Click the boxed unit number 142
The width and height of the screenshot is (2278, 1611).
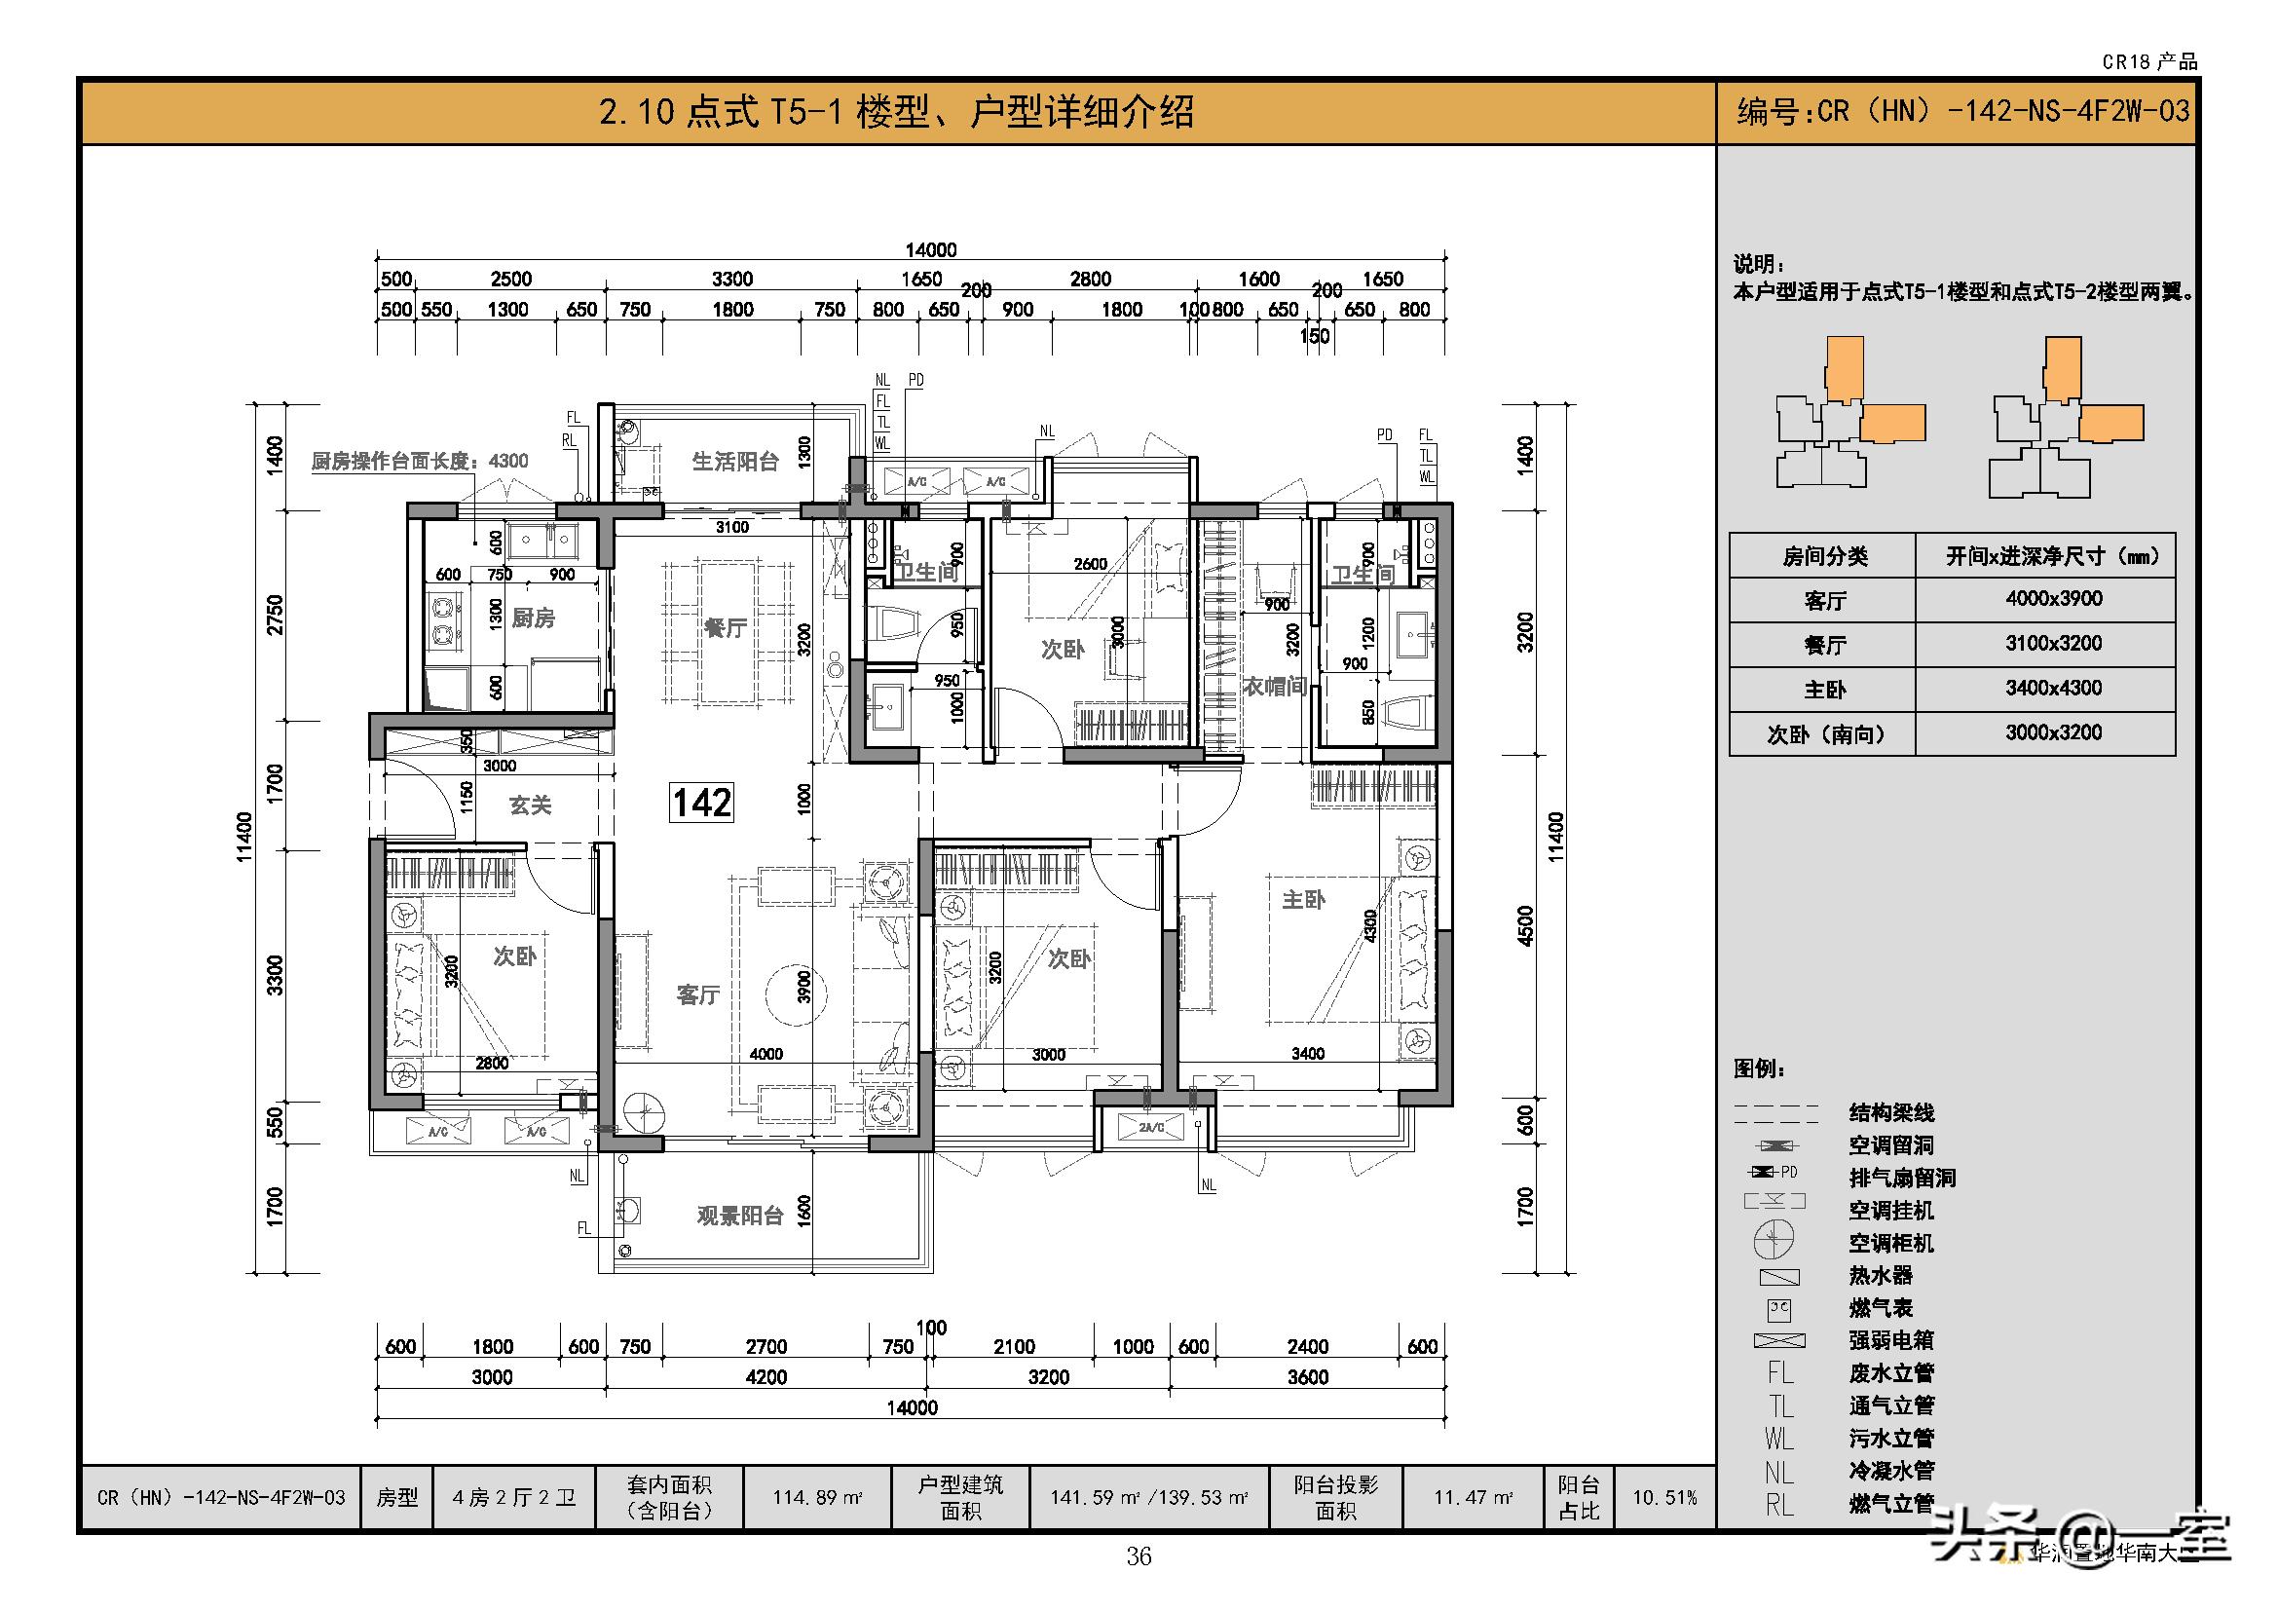pos(702,802)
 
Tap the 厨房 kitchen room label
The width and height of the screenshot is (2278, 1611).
pos(533,618)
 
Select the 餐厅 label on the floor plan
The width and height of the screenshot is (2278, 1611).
pos(725,628)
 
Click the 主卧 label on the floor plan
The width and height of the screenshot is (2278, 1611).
pos(1303,899)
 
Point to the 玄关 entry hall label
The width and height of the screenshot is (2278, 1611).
pos(530,805)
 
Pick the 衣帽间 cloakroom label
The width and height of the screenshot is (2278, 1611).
pos(1274,687)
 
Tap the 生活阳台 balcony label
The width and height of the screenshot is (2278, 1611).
pos(735,462)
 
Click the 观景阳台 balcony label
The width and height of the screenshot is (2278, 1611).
pos(740,1216)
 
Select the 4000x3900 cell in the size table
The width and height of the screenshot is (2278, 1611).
pos(2053,598)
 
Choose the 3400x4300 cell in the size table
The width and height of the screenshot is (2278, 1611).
pos(2053,688)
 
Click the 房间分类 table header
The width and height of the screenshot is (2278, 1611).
pos(1823,555)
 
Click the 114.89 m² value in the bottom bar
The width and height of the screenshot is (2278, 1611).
pos(816,1497)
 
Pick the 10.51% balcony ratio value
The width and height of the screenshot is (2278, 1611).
pos(1664,1497)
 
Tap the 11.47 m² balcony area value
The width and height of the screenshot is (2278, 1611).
pos(1474,1497)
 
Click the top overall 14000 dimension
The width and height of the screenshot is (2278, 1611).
pos(931,250)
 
